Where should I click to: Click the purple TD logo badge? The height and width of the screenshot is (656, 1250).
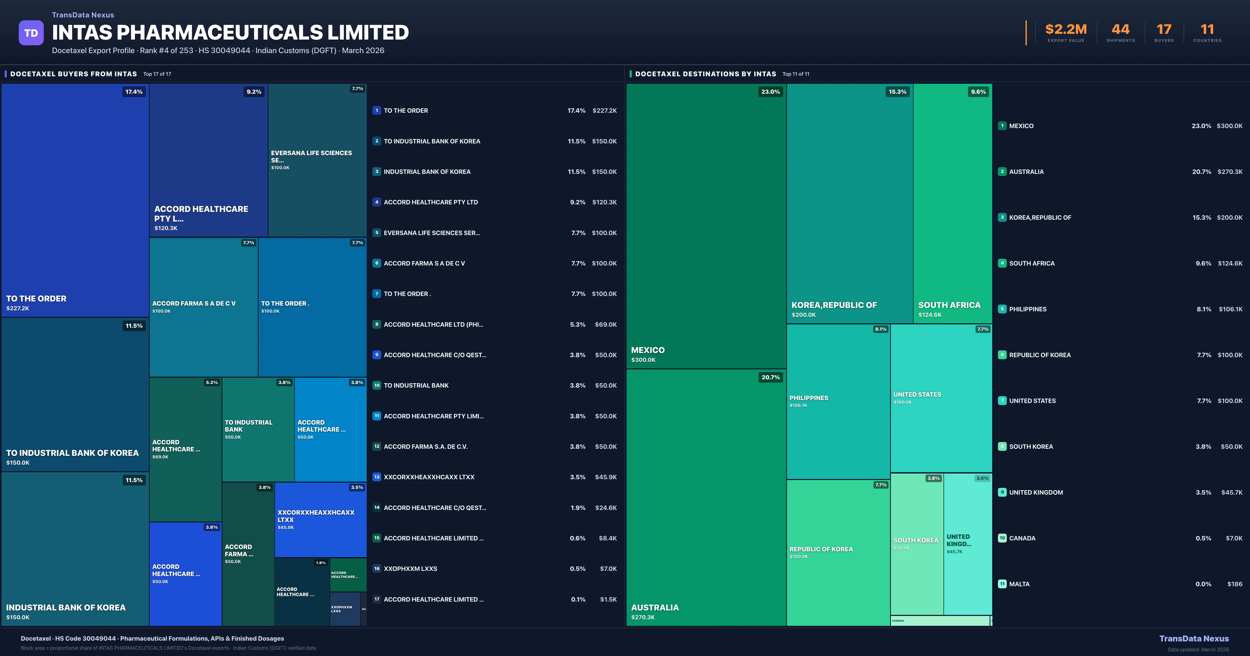(x=31, y=33)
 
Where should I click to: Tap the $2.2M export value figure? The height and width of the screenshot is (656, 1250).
(x=1066, y=30)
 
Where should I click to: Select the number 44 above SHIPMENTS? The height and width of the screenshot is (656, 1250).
(x=1120, y=30)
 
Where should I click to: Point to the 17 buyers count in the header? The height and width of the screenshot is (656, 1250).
(x=1164, y=30)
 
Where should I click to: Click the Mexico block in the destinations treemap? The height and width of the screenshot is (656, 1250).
(x=706, y=226)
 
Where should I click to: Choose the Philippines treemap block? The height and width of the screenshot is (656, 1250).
(x=838, y=401)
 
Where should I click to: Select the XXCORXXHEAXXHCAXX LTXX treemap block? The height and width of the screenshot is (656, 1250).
(x=320, y=519)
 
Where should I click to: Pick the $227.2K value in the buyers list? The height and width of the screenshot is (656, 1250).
(x=604, y=111)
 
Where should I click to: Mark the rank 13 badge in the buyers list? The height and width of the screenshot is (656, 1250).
(x=377, y=477)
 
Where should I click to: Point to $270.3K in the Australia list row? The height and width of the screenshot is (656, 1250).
(x=1230, y=172)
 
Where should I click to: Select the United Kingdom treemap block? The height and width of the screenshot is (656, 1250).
(x=968, y=544)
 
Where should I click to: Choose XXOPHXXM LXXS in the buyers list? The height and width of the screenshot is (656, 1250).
(x=410, y=569)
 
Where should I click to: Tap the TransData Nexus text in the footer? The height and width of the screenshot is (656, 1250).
(x=1194, y=639)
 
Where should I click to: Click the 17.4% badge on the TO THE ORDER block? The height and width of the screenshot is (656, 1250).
(x=134, y=92)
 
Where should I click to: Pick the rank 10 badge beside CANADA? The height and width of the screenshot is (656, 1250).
(x=1002, y=538)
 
